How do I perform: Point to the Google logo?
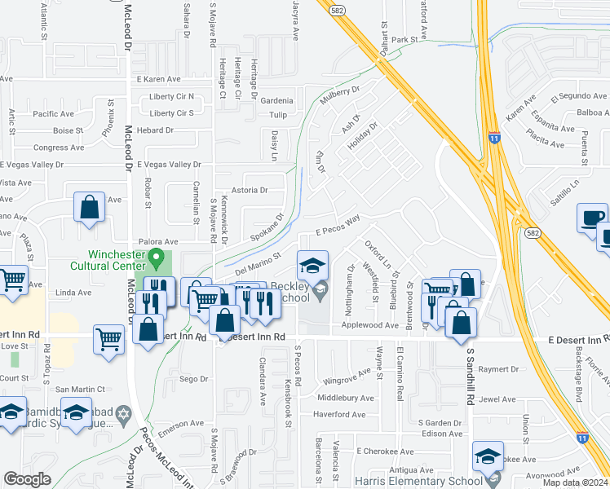[x=27, y=479]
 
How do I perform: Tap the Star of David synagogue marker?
[x=123, y=414]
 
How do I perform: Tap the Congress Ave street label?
[x=58, y=148]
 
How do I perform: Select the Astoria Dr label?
[x=250, y=190]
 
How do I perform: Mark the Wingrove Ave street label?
[x=347, y=380]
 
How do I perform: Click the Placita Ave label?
[x=546, y=145]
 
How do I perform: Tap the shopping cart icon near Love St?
[x=108, y=337]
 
